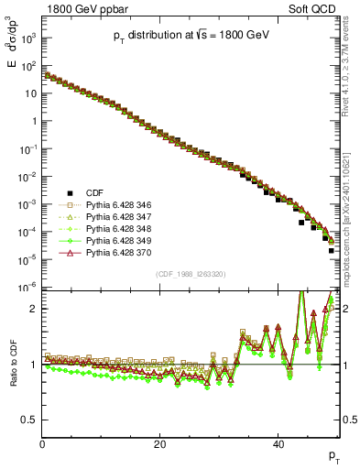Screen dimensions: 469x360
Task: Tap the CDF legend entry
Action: (x=94, y=193)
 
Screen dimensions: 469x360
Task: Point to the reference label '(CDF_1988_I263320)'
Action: (x=191, y=274)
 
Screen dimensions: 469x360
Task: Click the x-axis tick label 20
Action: (x=160, y=445)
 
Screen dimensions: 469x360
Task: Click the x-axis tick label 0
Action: (x=42, y=445)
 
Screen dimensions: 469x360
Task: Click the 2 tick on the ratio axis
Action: (x=33, y=309)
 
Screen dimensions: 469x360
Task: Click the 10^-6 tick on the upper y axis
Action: (x=28, y=287)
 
